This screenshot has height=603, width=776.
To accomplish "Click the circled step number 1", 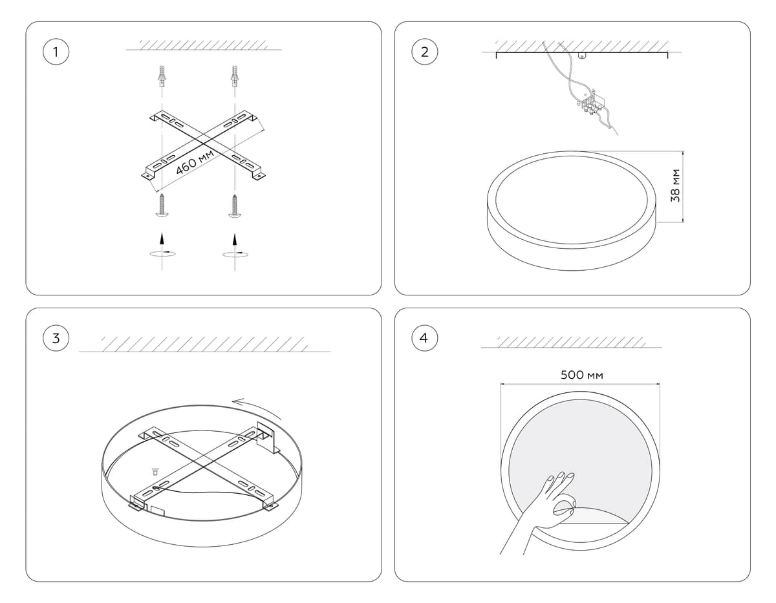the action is pos(56,52).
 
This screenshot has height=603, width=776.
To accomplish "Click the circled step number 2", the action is pos(424,52).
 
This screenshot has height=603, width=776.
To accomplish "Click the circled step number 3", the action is pos(56,338).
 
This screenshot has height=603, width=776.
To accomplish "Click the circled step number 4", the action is pos(424,338).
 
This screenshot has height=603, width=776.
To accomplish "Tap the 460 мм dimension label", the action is pos(195,162).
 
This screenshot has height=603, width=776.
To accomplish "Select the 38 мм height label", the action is pos(675,185).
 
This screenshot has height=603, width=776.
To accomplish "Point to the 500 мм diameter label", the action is pos(582,375).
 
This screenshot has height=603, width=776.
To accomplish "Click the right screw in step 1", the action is pos(235,206).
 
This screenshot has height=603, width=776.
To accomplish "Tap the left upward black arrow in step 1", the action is pos(162,239).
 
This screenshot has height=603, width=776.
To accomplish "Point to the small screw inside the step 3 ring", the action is pos(155,472).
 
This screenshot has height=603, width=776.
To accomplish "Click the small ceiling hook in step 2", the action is pos(583,56).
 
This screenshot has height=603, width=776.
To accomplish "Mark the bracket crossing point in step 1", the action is pos(204,143).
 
